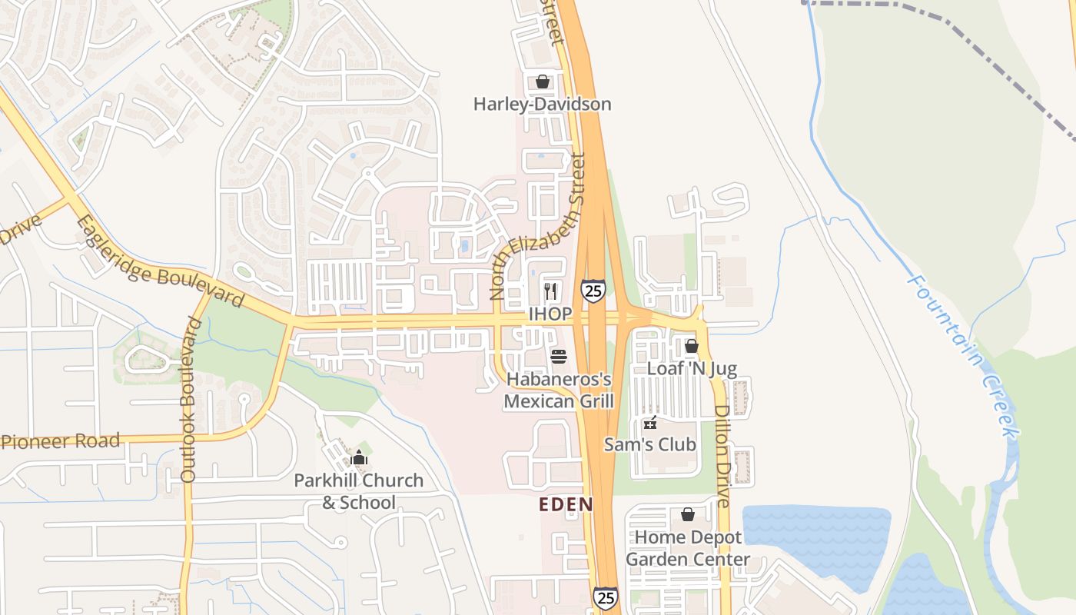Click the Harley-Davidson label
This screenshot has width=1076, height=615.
[x=542, y=104]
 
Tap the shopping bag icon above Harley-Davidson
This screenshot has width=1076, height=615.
[x=543, y=81]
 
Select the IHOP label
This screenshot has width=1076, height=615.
[x=550, y=314]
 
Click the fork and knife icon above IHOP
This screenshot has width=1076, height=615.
[x=550, y=291]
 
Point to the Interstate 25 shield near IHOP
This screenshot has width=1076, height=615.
[x=593, y=291]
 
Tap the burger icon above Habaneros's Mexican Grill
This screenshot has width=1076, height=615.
[x=559, y=357]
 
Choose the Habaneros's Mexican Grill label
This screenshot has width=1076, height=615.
[x=559, y=390]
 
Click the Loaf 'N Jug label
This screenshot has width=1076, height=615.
[x=692, y=368]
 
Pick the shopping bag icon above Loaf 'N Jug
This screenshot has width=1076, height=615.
[x=692, y=346]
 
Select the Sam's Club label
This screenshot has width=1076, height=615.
[x=650, y=444]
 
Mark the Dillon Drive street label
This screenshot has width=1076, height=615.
[x=722, y=456]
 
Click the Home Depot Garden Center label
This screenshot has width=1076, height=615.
[x=688, y=548]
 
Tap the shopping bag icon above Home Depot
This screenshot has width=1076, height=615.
[x=688, y=514]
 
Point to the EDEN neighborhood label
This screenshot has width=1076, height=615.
[x=566, y=504]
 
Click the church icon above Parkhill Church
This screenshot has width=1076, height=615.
[x=358, y=459]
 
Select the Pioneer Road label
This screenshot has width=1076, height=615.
[x=61, y=441]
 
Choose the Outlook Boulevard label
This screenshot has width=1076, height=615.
[x=189, y=400]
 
